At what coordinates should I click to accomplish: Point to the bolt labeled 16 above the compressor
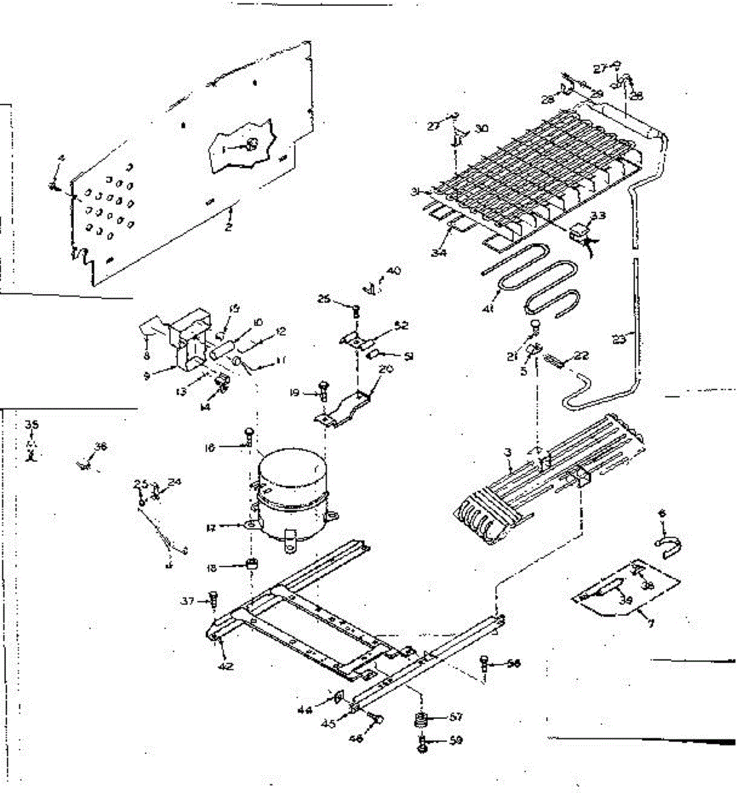(x=248, y=435)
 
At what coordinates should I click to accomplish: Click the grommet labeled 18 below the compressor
(x=251, y=565)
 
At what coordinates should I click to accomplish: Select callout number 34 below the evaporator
(x=440, y=252)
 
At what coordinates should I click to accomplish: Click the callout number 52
(x=401, y=325)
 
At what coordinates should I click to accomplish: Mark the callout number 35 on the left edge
(x=29, y=425)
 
